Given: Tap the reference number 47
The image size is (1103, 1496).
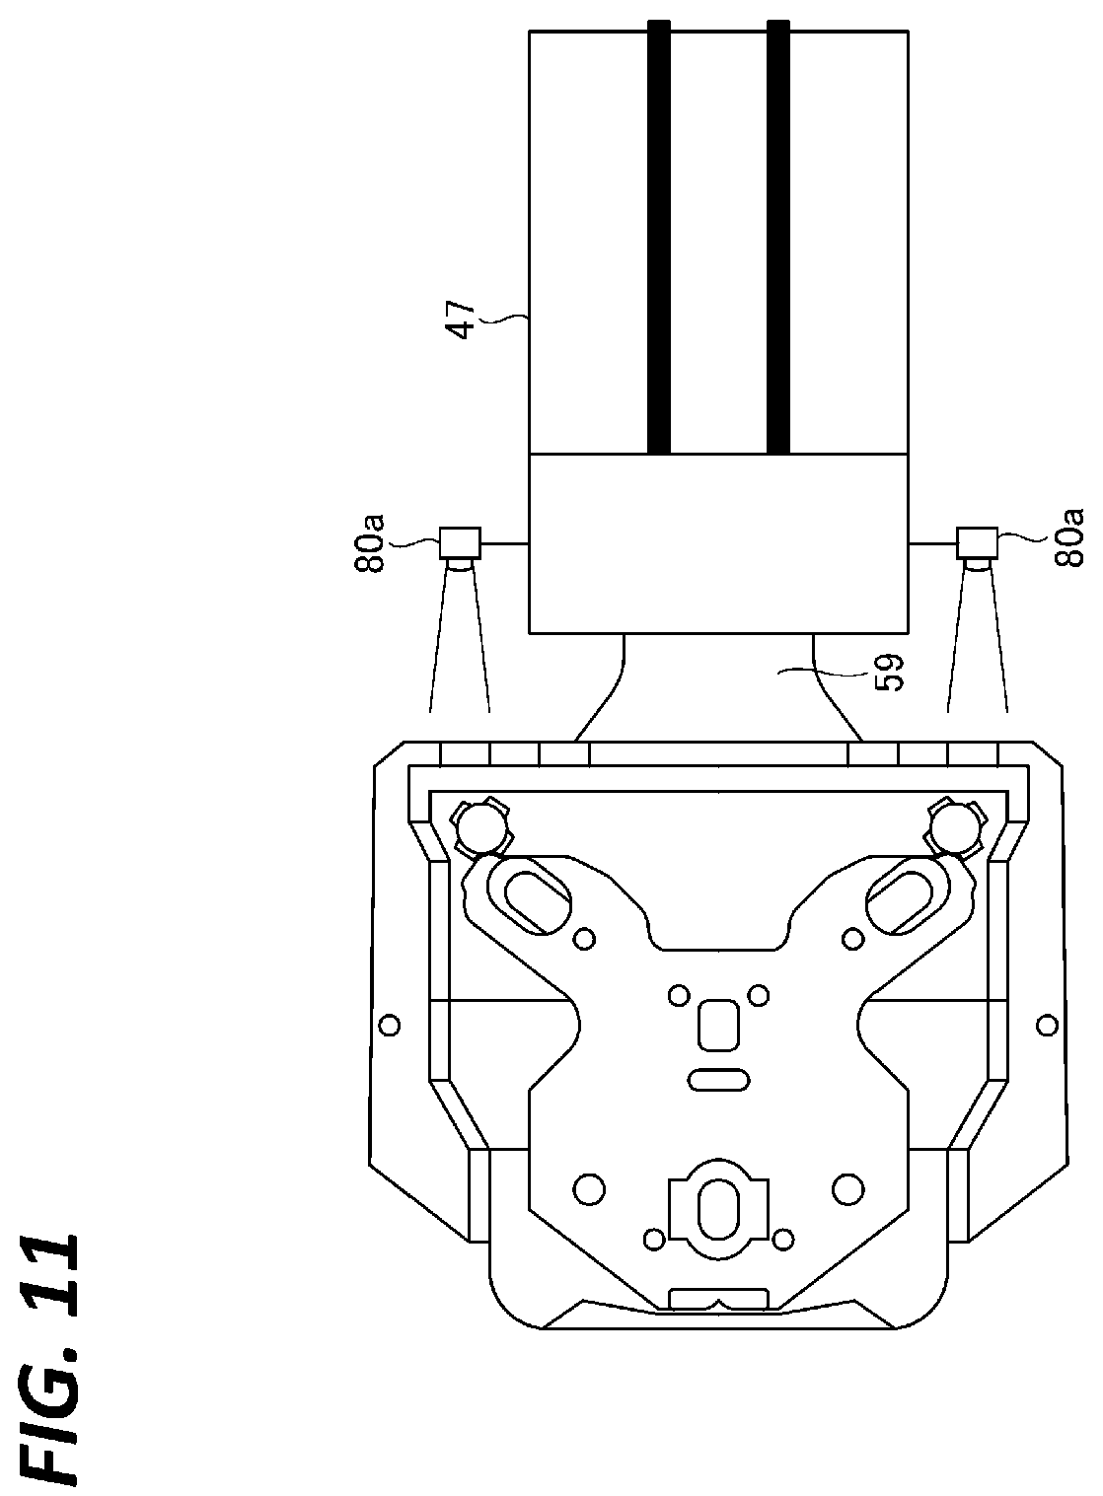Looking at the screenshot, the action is point(463,321).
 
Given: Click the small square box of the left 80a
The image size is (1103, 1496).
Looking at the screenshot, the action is point(461,544).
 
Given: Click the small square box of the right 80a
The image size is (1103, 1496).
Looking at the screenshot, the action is point(977,544).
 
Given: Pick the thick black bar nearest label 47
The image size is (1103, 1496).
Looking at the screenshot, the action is point(659,236).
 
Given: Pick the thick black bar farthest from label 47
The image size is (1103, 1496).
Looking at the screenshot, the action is point(778,236).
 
